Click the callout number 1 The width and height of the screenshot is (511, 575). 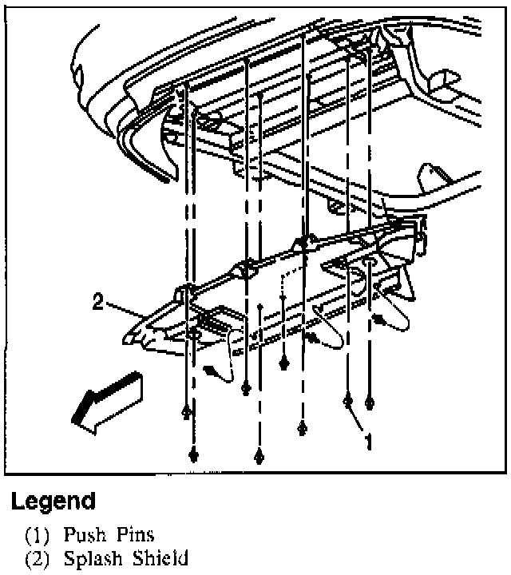click(x=368, y=441)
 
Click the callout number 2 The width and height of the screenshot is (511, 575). click(x=97, y=303)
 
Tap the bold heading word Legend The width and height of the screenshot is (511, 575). click(x=53, y=502)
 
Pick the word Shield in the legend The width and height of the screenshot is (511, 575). click(x=163, y=557)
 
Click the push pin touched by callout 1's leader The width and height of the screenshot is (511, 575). click(x=348, y=399)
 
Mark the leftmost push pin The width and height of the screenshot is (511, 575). click(x=185, y=410)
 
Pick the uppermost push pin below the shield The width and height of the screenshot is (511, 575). click(x=283, y=363)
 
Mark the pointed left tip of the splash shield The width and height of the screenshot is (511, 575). click(x=126, y=340)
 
